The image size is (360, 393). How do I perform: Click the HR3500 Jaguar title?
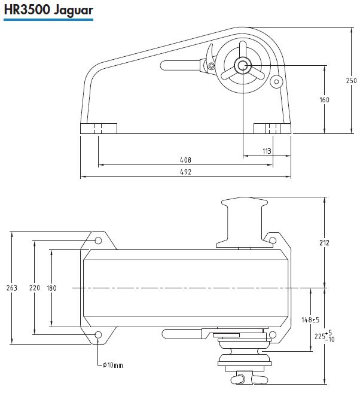[48, 10]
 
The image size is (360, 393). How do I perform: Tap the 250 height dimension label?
[351, 81]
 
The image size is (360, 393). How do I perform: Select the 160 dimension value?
[324, 100]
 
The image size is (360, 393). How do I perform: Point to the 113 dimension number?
[267, 151]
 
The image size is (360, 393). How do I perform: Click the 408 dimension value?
[185, 160]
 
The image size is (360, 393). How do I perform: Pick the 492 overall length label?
[185, 172]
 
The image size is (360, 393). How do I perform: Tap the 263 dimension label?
[12, 288]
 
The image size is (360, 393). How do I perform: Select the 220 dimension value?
[35, 288]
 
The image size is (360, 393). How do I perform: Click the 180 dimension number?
[51, 288]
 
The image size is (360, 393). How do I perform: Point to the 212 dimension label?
[324, 243]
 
